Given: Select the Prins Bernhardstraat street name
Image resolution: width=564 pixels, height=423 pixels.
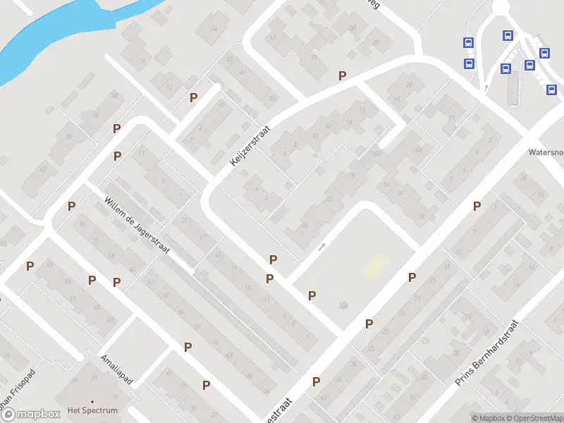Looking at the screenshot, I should point(486,352).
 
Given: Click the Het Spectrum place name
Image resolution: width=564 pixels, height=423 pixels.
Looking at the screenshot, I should point(92,410).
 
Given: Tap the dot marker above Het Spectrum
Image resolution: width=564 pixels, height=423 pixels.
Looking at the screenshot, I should point(92,401).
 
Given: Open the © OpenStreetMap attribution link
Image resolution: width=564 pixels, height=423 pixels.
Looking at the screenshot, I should point(532,418).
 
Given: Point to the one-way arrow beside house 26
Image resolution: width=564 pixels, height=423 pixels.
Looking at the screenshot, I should point(322,246).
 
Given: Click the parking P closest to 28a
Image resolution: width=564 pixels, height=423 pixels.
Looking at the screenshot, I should point(312,295).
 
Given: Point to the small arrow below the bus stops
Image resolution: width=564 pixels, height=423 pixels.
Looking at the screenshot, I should point(486,87).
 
